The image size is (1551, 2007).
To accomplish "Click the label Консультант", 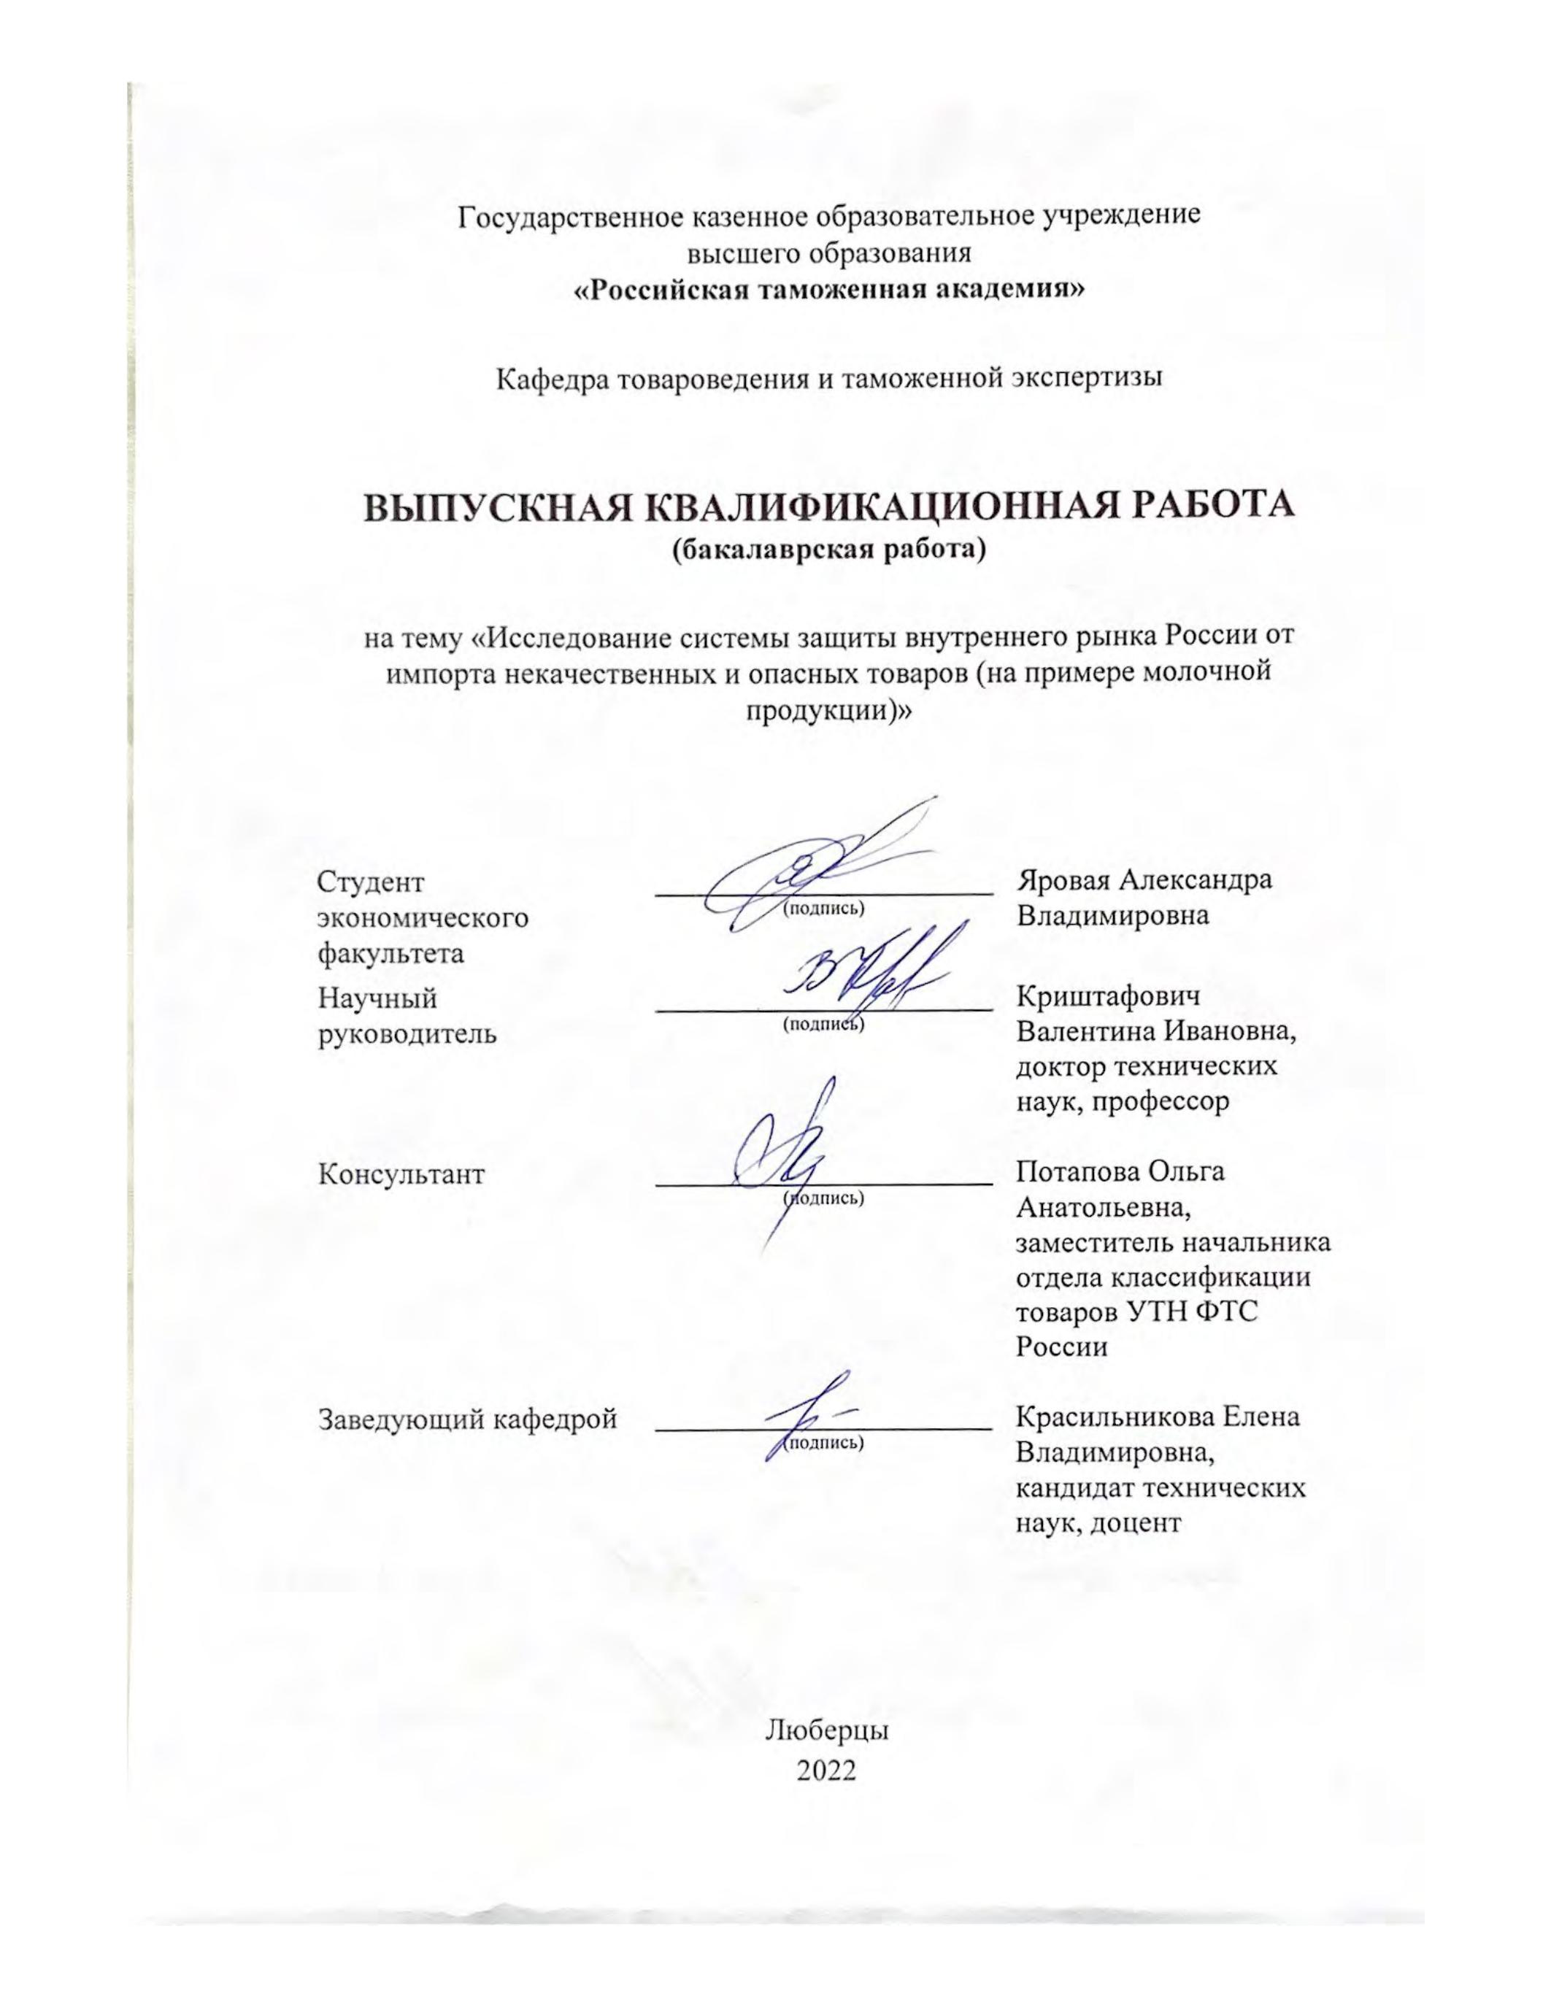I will (401, 1174).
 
